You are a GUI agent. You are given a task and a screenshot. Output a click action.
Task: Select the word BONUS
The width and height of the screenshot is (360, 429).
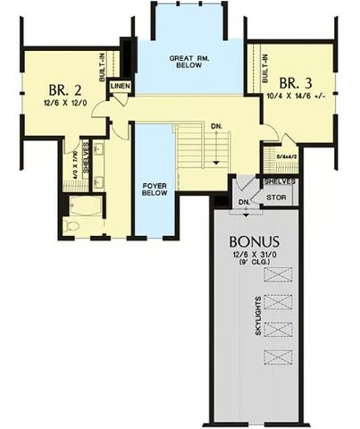click(254, 241)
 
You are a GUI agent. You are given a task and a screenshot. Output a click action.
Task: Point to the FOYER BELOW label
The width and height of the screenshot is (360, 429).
click(157, 190)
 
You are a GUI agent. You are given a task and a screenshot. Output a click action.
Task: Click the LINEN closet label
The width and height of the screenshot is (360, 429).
click(121, 86)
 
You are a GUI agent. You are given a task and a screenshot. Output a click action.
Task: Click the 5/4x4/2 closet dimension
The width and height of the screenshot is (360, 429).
click(285, 156)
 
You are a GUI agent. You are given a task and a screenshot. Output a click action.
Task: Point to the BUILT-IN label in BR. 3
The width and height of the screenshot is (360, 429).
click(264, 63)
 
